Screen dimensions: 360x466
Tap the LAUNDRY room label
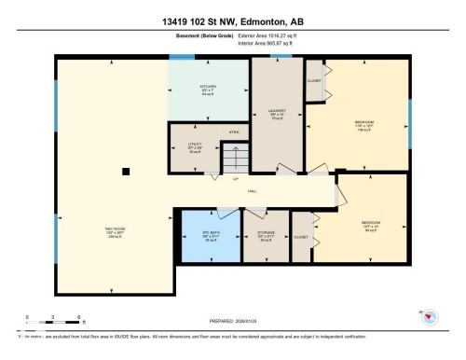[x=276, y=110]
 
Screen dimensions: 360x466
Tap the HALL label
[x=252, y=192]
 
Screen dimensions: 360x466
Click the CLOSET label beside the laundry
[x=313, y=80]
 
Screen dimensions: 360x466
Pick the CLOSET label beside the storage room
[x=300, y=237]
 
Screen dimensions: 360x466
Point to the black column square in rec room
[x=126, y=170]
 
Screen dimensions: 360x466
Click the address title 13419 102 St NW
[x=232, y=21]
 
